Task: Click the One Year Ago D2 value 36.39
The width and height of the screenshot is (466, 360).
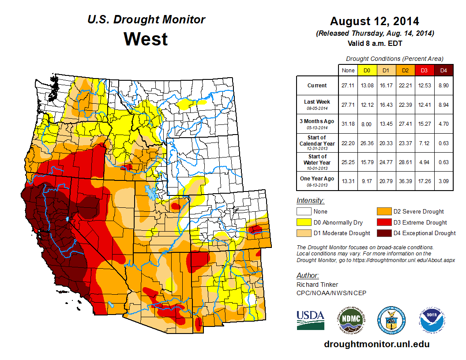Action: point(405,181)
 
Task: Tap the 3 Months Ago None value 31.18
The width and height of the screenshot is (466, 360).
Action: point(348,124)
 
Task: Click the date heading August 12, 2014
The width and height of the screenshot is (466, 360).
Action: point(375,21)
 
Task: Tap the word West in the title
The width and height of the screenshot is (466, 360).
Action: point(146,39)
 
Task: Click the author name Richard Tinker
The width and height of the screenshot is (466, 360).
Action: point(317,285)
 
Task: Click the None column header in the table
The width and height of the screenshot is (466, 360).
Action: point(348,70)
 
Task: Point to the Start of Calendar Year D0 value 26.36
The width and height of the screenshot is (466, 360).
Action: point(367,143)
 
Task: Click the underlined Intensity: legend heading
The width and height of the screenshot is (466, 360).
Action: point(311,201)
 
